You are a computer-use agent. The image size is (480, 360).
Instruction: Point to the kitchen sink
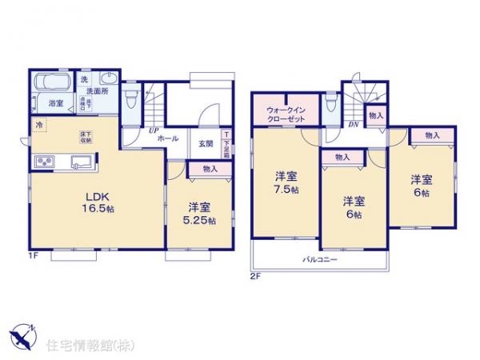80,162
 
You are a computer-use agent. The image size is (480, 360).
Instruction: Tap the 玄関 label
205,144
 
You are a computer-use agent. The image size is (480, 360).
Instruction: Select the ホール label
168,138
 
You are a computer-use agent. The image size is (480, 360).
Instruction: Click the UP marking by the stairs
151,129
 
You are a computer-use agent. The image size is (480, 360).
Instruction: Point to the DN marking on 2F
353,125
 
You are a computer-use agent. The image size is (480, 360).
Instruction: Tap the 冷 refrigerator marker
38,125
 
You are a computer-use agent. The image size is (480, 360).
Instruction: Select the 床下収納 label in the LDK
85,138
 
